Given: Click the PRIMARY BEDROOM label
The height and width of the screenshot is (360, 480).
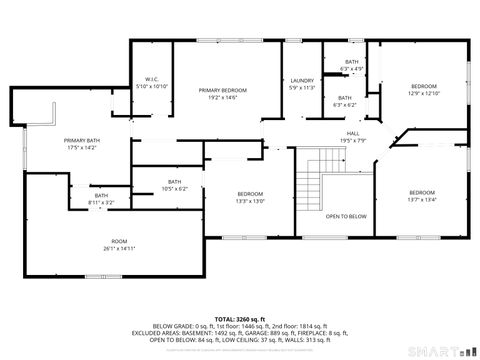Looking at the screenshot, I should coord(222,90).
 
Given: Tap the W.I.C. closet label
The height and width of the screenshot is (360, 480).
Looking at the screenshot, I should coord(152,80).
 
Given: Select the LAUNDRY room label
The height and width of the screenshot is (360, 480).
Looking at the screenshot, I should coord(302,80).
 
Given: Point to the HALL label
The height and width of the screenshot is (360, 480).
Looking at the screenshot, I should coord(353,133).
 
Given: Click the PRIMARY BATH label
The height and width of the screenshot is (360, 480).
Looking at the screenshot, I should coord(83,140).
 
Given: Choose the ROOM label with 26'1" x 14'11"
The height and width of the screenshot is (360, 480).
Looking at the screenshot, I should coord(119,241).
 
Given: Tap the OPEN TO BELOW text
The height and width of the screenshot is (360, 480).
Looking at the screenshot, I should coord(346,216).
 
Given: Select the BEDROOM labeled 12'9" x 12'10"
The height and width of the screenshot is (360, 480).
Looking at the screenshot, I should coord(424,87).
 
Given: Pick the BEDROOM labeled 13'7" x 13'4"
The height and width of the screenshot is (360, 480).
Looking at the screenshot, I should coord(421,192).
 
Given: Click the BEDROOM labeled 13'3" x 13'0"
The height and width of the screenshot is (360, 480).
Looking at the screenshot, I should coord(250,193).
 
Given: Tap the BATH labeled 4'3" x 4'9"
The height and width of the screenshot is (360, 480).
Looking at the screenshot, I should coord(352,62).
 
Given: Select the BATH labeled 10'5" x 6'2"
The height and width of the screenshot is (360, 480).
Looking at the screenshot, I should coord(174,181).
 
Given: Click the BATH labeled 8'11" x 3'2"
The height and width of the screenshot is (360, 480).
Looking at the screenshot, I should coord(101,196).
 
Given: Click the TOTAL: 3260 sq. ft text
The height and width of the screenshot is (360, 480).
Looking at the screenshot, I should coord(240,318).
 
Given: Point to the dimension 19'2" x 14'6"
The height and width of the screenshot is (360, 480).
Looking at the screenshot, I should coord(222,97).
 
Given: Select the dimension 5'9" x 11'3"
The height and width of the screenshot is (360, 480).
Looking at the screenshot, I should coord(302,87).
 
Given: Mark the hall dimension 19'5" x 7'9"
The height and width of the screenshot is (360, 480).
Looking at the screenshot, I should coord(353,140).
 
